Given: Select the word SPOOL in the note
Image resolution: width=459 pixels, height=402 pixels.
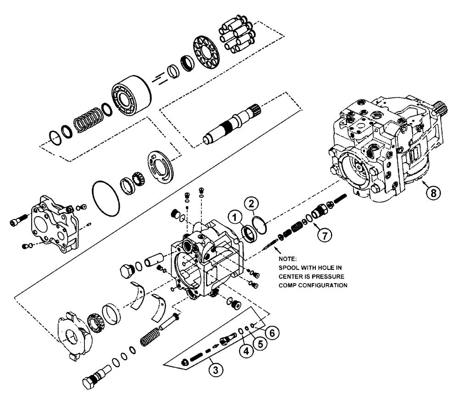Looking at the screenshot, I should [289, 268].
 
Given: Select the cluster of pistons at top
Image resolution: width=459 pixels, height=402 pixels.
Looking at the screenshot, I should [238, 35].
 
